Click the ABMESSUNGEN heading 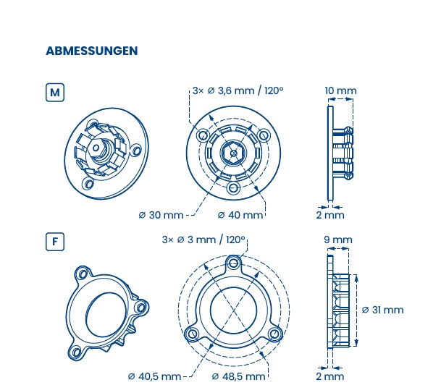pyautogui.click(x=92, y=51)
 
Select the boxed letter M pyautogui.click(x=55, y=93)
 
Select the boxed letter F pyautogui.click(x=55, y=242)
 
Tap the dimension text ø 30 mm pyautogui.click(x=161, y=215)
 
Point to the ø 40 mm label pyautogui.click(x=240, y=215)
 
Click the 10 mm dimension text pyautogui.click(x=340, y=90)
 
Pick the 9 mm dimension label pyautogui.click(x=337, y=240)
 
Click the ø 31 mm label pyautogui.click(x=382, y=310)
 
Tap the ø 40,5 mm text pyautogui.click(x=154, y=376)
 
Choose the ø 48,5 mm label pyautogui.click(x=238, y=376)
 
